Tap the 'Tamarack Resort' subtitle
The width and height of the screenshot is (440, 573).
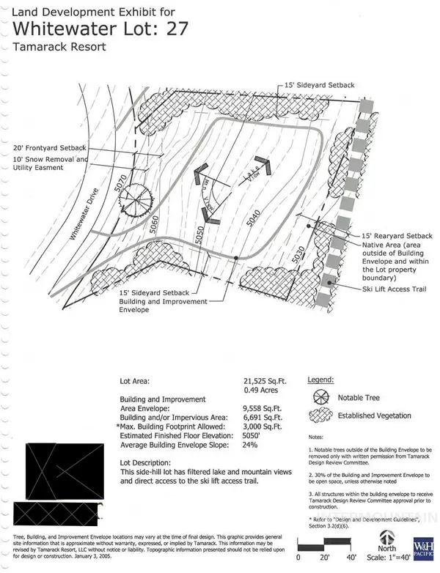click(59, 47)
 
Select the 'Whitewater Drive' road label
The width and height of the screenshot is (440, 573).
click(85, 218)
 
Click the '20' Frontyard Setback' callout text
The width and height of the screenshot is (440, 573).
click(48, 147)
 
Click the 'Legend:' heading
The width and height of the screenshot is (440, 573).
click(320, 380)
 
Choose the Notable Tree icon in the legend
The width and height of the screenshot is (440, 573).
click(319, 397)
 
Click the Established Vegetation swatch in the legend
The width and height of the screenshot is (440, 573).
click(319, 415)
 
